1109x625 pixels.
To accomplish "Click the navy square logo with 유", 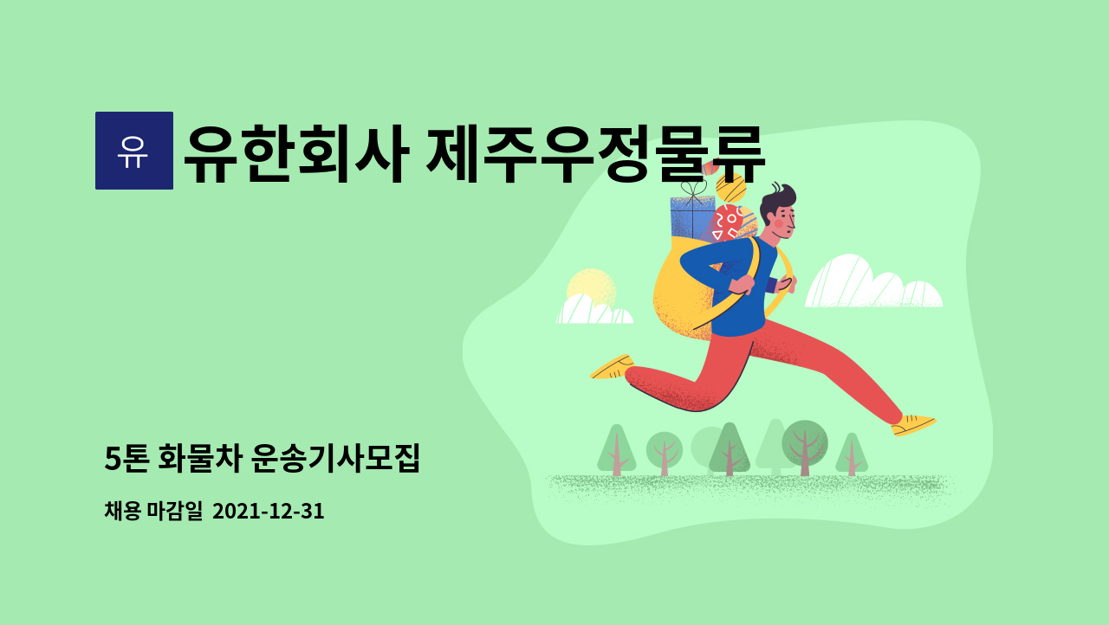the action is coord(134,151).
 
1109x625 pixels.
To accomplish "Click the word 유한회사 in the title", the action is coord(296,154).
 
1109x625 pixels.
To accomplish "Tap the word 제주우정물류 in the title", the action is coord(595,154).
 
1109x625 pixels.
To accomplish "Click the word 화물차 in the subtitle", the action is coord(200,459).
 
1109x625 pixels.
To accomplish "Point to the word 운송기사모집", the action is coord(335,459).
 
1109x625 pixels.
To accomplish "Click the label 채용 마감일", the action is coord(153,511).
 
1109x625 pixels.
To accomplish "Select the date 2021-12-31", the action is coord(269,512).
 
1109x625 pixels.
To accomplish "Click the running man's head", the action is coord(778,211).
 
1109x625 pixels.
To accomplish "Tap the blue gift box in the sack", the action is coord(691,217).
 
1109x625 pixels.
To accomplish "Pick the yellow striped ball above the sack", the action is coord(731,188).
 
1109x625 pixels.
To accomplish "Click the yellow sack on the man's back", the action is coord(685,292).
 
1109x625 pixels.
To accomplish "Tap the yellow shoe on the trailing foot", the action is coord(613,367).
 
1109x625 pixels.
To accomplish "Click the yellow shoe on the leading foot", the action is coord(913,425).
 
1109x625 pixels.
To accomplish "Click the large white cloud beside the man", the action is coord(874,282).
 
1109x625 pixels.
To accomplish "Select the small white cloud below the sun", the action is coord(594,310).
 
